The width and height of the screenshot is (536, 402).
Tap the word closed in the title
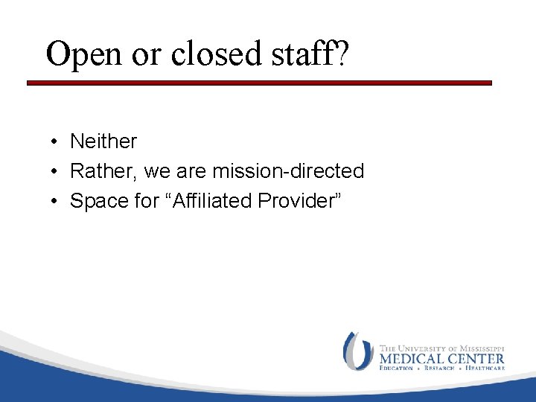[x=207, y=54]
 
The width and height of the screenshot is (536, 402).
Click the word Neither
[x=103, y=141]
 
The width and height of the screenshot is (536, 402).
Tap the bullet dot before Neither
[x=55, y=141]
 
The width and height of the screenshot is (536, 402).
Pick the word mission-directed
[x=288, y=171]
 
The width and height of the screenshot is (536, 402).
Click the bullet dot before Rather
[x=55, y=172]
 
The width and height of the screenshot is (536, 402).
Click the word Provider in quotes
[x=299, y=201]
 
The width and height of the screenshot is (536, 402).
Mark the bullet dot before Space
[x=55, y=202]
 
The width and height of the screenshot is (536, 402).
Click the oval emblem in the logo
[x=357, y=351]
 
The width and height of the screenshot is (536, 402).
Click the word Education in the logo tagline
[x=398, y=368]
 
